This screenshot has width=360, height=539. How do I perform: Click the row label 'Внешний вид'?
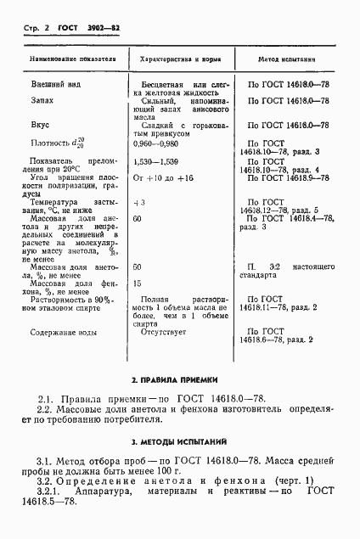[x=51, y=85]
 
